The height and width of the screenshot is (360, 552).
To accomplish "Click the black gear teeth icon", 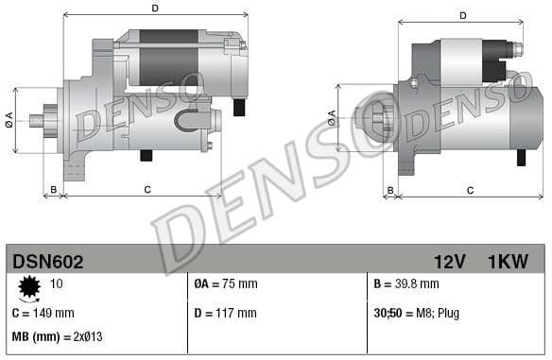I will tap(27, 284).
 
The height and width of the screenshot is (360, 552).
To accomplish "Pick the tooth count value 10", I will tap(57, 283).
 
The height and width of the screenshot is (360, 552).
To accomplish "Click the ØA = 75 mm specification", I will tap(225, 283).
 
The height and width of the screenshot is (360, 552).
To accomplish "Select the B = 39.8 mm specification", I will tap(407, 283).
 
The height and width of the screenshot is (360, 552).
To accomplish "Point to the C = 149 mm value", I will tap(43, 312).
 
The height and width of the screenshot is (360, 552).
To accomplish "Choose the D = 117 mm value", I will tap(225, 312).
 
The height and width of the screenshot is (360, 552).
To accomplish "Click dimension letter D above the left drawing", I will tap(155, 9).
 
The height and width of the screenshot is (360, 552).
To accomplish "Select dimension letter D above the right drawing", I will tap(463, 16).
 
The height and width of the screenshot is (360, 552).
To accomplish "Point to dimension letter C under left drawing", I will tap(147, 190).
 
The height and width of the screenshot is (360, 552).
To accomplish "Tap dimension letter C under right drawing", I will tap(471, 190).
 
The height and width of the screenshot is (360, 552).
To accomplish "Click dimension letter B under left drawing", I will tap(54, 190).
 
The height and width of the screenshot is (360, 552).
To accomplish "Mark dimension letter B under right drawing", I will tap(389, 190).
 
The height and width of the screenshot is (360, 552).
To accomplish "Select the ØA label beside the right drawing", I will tap(332, 117).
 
